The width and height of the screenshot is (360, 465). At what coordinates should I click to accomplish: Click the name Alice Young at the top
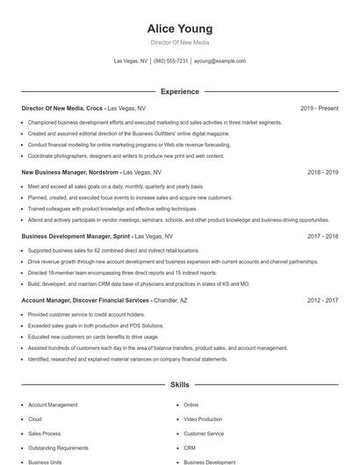(180, 28)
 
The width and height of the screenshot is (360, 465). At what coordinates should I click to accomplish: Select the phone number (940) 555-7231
(171, 61)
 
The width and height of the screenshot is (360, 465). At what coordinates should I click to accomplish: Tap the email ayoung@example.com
(220, 61)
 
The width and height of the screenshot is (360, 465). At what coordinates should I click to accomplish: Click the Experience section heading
(180, 91)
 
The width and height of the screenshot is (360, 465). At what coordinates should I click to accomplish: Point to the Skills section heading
(180, 384)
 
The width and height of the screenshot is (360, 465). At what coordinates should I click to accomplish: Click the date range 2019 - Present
(319, 108)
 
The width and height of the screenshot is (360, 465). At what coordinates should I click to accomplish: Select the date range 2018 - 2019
(322, 173)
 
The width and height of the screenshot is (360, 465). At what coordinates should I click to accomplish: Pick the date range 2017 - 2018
(322, 236)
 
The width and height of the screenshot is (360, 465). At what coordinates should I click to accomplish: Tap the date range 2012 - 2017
(322, 300)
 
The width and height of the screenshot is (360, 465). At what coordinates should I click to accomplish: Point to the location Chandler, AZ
(174, 300)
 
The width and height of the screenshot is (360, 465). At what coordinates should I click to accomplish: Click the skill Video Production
(203, 419)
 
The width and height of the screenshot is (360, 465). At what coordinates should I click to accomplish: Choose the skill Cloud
(35, 419)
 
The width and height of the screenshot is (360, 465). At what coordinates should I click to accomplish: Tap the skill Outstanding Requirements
(58, 447)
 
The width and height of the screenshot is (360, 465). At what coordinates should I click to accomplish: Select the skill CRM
(190, 447)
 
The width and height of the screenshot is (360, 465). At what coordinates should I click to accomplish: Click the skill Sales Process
(45, 433)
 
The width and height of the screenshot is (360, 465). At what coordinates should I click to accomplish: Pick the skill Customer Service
(204, 433)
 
